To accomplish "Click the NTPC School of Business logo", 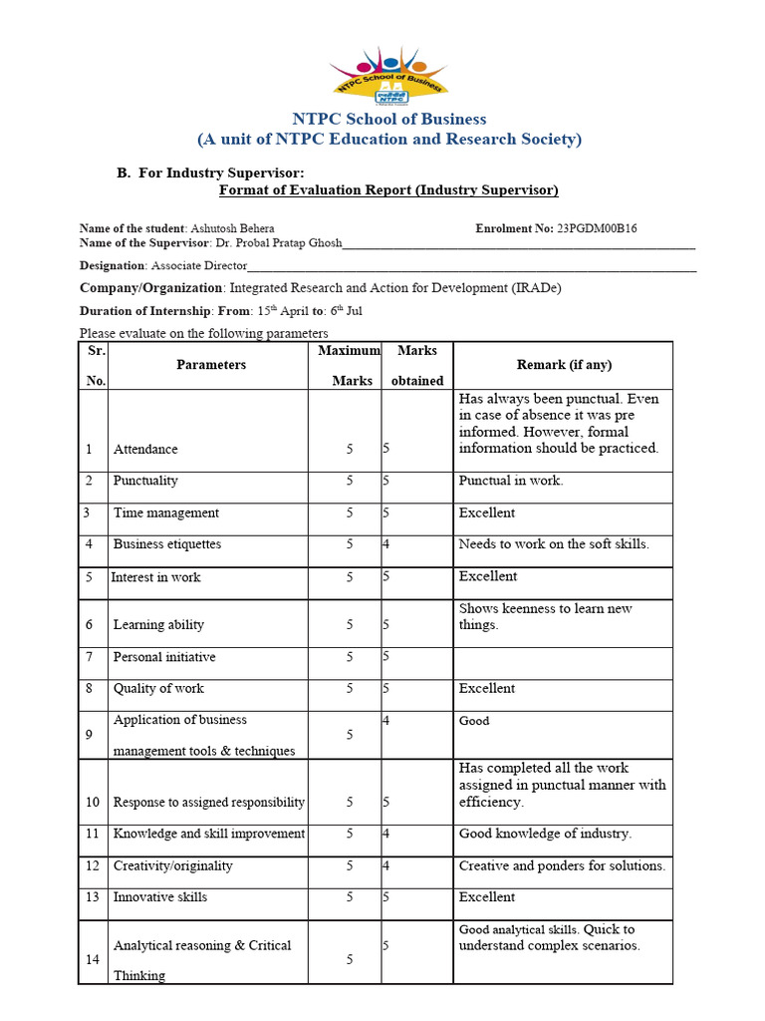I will click(388, 76).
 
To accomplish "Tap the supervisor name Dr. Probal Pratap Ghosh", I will click(277, 243).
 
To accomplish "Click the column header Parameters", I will click(211, 365).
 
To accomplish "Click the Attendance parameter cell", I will click(145, 450).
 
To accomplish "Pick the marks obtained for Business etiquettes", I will click(386, 545).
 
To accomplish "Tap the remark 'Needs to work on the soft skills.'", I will click(554, 544).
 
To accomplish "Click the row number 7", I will click(88, 657).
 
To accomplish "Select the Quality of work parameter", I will click(159, 689).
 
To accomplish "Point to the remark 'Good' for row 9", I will click(474, 721).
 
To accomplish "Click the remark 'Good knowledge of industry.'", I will click(545, 834).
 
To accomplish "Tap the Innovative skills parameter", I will click(160, 897).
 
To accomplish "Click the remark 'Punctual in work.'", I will click(511, 481).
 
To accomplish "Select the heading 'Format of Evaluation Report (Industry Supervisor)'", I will click(388, 190).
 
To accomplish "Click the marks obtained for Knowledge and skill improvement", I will click(386, 835).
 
